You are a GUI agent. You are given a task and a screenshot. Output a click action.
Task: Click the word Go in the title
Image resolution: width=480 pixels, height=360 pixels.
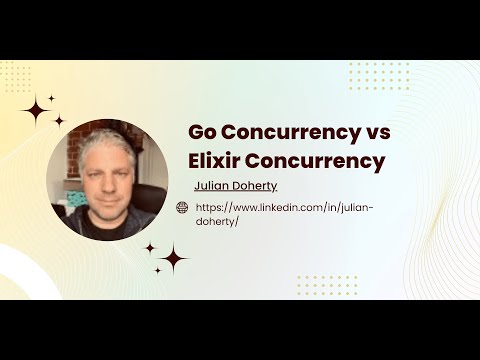click(204, 133)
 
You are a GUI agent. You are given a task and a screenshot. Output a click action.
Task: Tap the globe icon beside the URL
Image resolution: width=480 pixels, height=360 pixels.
click(182, 207)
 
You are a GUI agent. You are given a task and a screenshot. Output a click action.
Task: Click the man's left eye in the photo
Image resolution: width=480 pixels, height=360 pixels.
click(117, 167)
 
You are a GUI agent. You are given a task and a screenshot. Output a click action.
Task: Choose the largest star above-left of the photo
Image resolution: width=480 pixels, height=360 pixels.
click(36, 110)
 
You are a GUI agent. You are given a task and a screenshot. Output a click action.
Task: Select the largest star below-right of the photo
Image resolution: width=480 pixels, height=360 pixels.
click(172, 258)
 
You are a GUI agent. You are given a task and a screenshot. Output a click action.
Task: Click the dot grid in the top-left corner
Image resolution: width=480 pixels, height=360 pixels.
click(15, 76)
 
